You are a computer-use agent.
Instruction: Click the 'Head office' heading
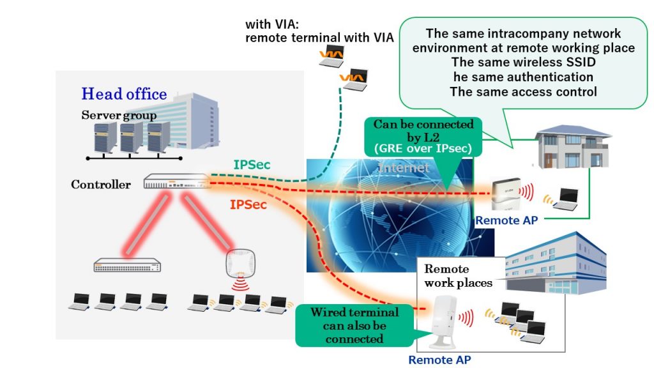[x=124, y=94]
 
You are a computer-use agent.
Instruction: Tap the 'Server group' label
[x=119, y=116]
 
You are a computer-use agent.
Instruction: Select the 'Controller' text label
[x=101, y=185]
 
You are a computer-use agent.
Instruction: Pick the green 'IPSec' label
[x=252, y=165]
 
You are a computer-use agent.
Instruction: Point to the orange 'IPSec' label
[x=249, y=206]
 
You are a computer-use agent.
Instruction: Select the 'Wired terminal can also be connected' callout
[x=354, y=325]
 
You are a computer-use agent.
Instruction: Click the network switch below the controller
[x=130, y=265]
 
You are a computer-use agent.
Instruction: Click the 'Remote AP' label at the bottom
[x=439, y=360]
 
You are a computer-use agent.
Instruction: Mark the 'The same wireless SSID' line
[x=522, y=63]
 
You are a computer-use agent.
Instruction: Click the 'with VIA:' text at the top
[x=271, y=25]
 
